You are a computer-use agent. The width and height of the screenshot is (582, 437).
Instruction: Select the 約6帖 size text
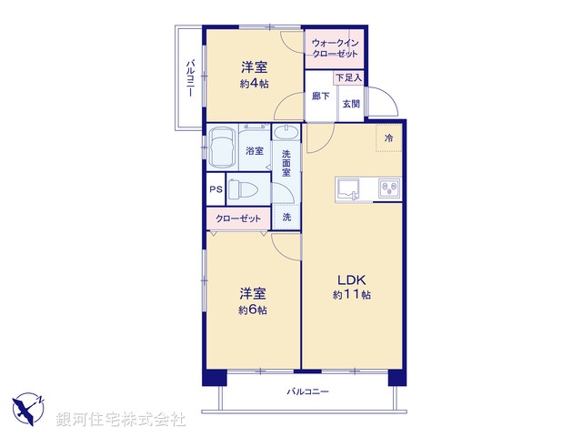[253, 310]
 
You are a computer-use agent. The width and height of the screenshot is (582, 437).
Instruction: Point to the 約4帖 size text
[254, 84]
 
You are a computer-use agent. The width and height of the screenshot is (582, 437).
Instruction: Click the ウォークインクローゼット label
[335, 48]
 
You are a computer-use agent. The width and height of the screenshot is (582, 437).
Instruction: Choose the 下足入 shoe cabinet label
[348, 79]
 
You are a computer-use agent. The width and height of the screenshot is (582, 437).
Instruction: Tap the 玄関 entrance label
[350, 104]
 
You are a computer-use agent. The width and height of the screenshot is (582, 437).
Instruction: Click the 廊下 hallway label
[321, 97]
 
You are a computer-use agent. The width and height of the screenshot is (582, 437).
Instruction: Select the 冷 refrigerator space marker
[388, 138]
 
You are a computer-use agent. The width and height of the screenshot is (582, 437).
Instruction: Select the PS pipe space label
[216, 189]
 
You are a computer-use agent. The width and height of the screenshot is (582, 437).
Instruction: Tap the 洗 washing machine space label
[286, 218]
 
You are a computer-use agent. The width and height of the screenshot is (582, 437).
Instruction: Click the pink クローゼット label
[238, 218]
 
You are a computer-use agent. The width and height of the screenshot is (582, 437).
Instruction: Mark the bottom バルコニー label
[307, 391]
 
